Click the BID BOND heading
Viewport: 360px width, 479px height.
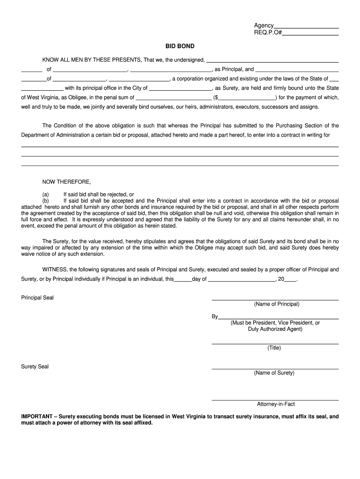point(180,46)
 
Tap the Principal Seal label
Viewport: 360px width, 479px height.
point(37,298)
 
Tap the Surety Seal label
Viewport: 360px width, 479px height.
point(35,366)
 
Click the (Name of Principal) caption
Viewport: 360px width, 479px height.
point(276,304)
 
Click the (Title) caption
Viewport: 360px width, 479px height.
point(274,348)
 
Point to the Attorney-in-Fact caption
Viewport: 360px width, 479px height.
point(275,404)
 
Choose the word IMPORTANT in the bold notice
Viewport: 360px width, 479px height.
point(37,416)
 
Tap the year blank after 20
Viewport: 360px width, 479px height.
point(290,280)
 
